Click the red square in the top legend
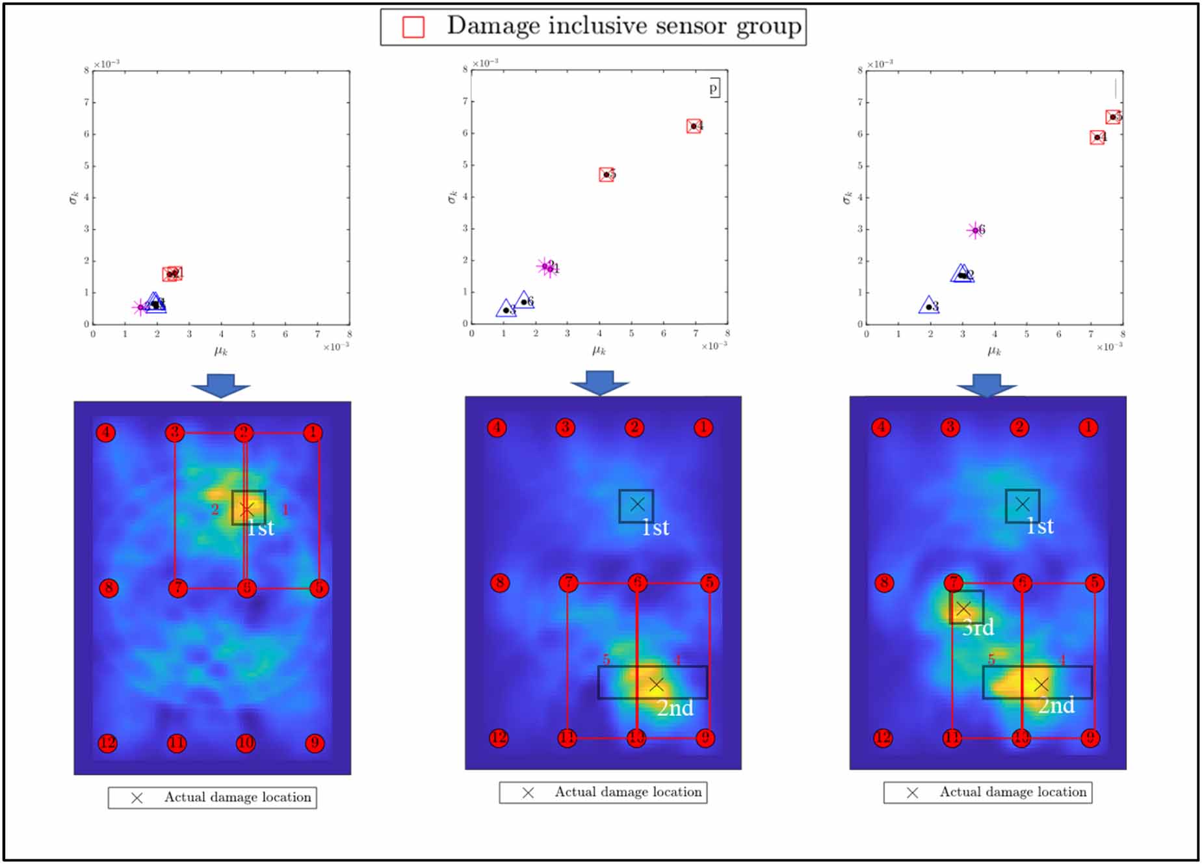point(413,27)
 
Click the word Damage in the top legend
point(493,26)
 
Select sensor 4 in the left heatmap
point(106,432)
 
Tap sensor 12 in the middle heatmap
point(499,738)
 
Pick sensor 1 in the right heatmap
point(1088,427)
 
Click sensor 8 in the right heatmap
point(883,583)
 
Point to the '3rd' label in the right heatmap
point(978,627)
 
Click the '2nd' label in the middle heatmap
point(675,708)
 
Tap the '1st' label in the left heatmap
point(261,528)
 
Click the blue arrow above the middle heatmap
point(599,383)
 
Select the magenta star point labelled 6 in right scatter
point(975,229)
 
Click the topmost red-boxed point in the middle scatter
point(694,126)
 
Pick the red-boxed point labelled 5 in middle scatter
point(606,174)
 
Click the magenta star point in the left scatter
point(140,307)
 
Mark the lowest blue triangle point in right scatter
point(929,306)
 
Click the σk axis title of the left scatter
point(73,197)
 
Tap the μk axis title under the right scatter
point(994,351)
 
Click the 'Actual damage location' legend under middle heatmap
point(603,792)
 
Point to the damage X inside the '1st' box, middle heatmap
point(637,504)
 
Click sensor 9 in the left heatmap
point(315,743)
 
